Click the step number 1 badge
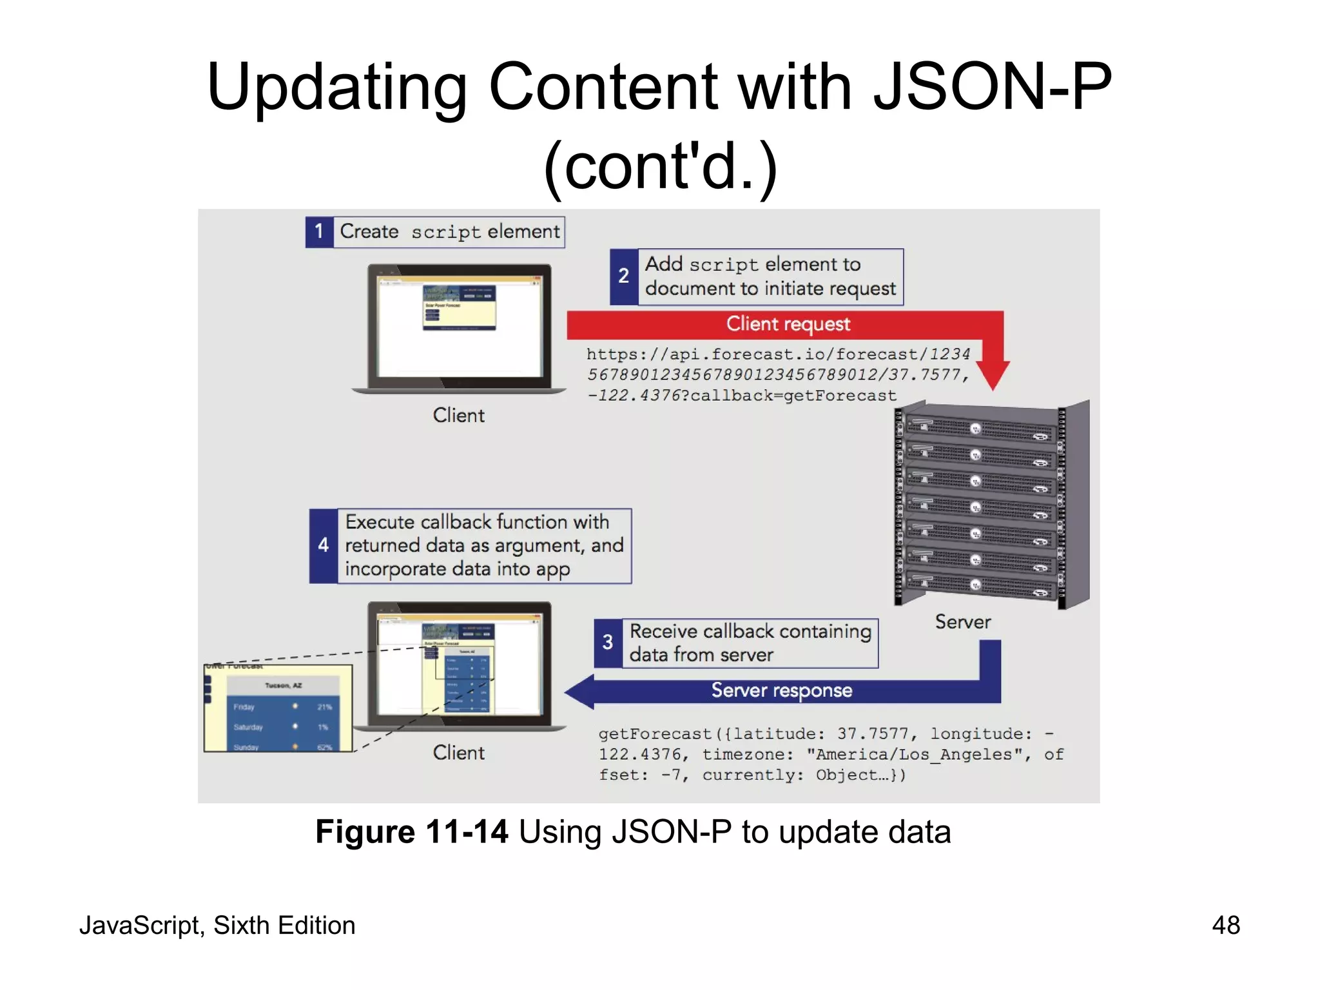pyautogui.click(x=319, y=232)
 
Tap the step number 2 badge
pyautogui.click(x=623, y=277)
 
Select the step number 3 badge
pyautogui.click(x=608, y=643)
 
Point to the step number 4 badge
pyautogui.click(x=323, y=546)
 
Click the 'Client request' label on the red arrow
pyautogui.click(x=788, y=324)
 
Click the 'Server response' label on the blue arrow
pyautogui.click(x=781, y=691)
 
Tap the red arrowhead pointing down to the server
pyautogui.click(x=993, y=374)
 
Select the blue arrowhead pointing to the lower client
pyautogui.click(x=581, y=692)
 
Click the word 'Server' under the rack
pyautogui.click(x=963, y=622)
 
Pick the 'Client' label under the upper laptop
pyautogui.click(x=458, y=416)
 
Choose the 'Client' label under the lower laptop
pyautogui.click(x=458, y=753)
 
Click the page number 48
pyautogui.click(x=1225, y=926)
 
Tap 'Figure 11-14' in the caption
pyautogui.click(x=412, y=832)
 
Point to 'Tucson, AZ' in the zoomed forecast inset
pyautogui.click(x=283, y=685)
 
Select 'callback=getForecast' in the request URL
pyautogui.click(x=793, y=396)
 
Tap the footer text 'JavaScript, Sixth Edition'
pyautogui.click(x=217, y=926)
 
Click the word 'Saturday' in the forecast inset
pyautogui.click(x=248, y=727)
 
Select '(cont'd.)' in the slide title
pyautogui.click(x=661, y=167)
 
